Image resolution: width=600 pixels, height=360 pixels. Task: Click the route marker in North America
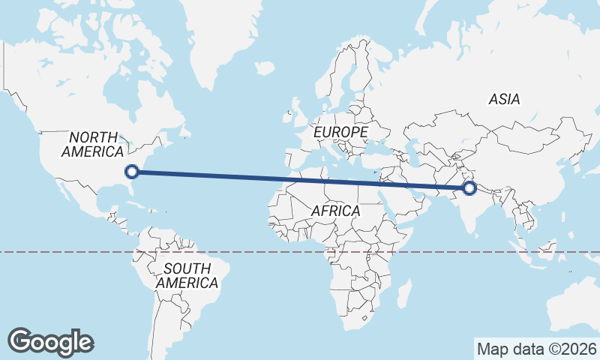[x=132, y=172]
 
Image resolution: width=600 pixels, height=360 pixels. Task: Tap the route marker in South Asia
[x=470, y=187]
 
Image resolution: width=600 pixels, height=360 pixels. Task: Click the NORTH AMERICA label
[x=94, y=144]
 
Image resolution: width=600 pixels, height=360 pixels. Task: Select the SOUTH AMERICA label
[x=187, y=276]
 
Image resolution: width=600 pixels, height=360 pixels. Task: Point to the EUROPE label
[x=340, y=132]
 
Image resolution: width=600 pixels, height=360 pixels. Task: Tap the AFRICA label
[x=335, y=211]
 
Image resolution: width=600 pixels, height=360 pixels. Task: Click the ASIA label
[x=504, y=99]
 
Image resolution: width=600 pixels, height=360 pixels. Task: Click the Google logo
[x=51, y=342]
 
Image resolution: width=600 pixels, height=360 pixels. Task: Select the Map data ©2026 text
[x=537, y=349]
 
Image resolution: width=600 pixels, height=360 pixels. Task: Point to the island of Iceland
[x=263, y=69]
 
